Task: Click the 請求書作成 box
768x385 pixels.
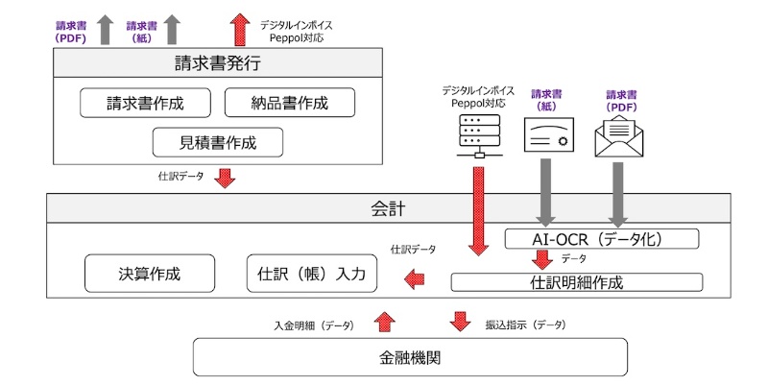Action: tap(144, 103)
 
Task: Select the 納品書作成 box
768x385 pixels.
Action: tap(289, 103)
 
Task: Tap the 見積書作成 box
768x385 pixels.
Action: tap(218, 143)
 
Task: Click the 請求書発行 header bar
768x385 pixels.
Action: tap(217, 64)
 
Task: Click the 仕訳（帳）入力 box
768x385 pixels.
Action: tap(312, 274)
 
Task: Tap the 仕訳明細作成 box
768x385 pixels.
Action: tap(576, 282)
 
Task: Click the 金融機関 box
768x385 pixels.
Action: tap(410, 357)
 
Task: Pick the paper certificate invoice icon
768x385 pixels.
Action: tap(548, 137)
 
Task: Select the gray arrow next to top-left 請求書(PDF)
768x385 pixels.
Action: tap(105, 28)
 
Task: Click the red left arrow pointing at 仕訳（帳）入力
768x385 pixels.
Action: tap(414, 279)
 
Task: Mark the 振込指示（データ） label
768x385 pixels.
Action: tap(524, 325)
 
